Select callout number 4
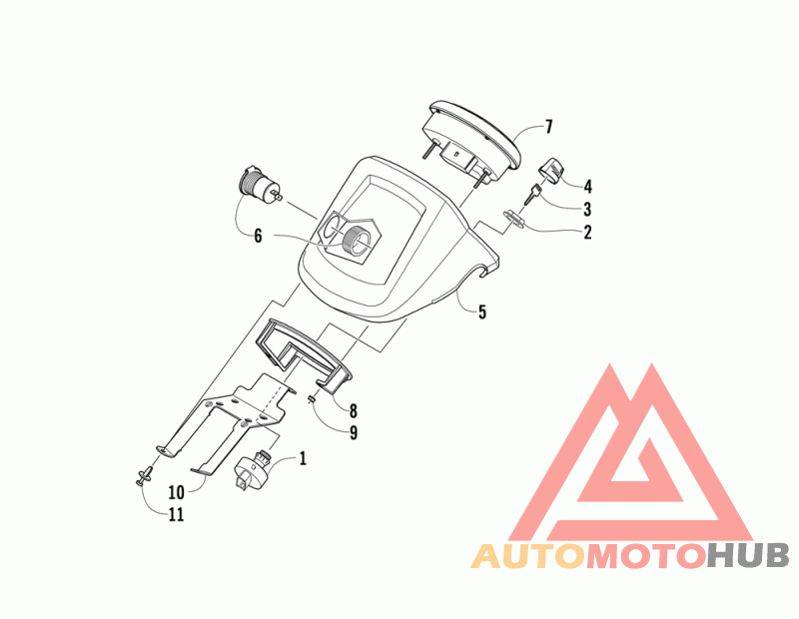[587, 186]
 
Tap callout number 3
[587, 210]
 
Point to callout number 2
[587, 233]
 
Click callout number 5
[481, 312]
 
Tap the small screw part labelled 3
[537, 196]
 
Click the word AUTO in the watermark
[527, 556]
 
